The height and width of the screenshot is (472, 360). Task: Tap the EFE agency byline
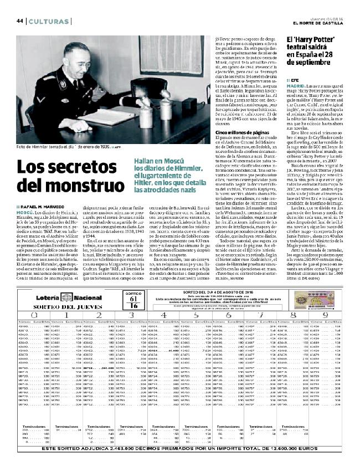pos(295,79)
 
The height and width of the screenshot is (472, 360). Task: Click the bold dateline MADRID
pos(294,86)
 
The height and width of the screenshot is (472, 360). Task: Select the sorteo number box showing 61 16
pos(132,301)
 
